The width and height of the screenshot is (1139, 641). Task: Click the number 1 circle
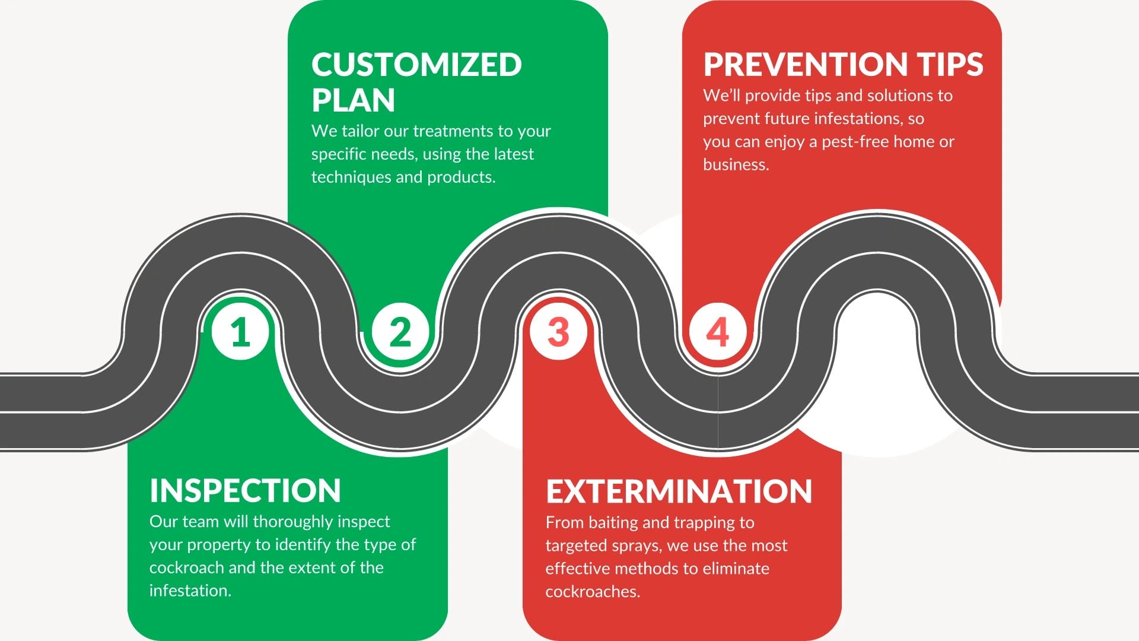240,331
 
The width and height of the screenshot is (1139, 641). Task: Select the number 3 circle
558,331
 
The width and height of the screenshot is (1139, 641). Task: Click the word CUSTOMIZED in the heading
416,65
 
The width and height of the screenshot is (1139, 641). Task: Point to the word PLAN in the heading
353,100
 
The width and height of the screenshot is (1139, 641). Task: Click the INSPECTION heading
245,491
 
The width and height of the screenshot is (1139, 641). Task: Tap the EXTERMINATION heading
679,491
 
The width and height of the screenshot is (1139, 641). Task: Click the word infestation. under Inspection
190,591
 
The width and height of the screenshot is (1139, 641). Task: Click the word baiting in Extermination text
613,523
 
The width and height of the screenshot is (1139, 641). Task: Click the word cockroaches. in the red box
593,592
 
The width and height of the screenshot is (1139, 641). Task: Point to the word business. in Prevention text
736,164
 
